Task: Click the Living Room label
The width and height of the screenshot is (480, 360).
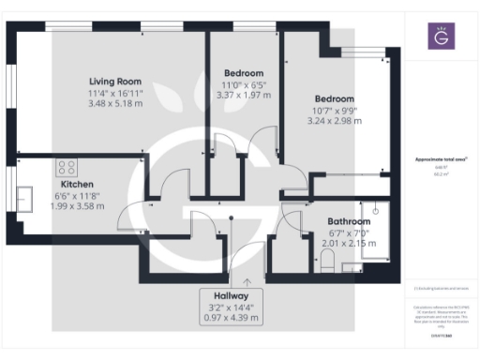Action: coord(115,80)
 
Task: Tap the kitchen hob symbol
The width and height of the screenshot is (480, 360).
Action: coord(67,168)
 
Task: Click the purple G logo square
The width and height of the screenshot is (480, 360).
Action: coord(440,37)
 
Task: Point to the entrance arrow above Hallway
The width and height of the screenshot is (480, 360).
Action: coord(247,279)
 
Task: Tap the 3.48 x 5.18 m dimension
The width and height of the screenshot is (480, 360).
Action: coord(115,102)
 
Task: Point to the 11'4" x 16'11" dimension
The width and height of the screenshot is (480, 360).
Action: coord(115,92)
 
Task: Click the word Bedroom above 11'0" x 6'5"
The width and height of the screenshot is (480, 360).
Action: coord(244,72)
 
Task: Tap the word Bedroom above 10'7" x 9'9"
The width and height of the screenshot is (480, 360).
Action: coord(334,98)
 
